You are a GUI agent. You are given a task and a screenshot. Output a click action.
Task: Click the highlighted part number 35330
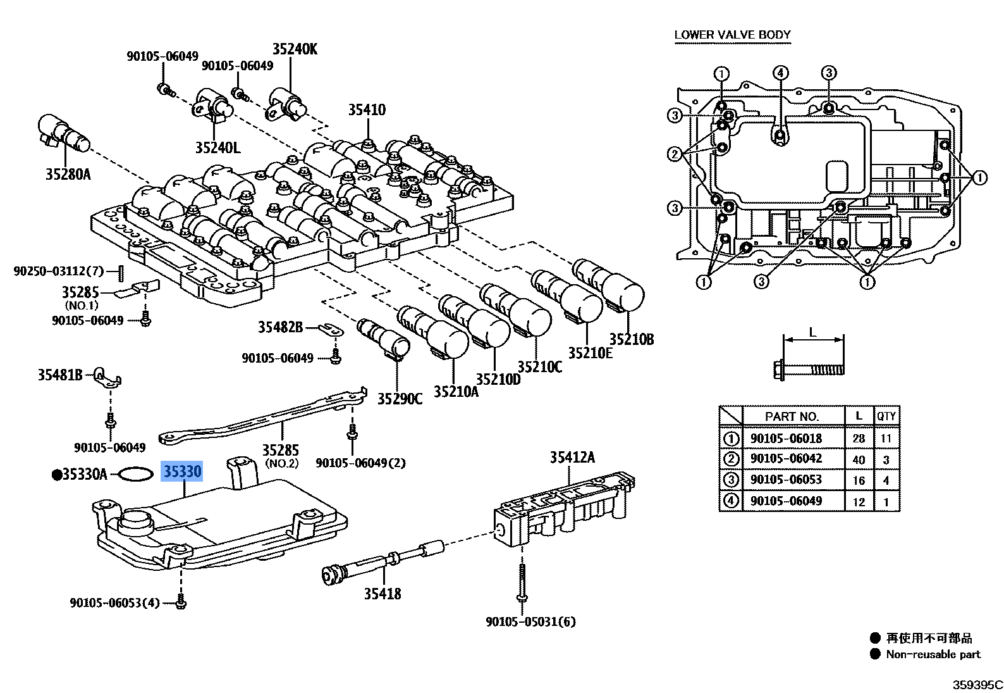point(182,471)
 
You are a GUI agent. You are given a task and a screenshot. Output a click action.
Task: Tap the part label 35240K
point(295,49)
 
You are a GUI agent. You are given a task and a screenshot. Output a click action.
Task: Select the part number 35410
point(367,110)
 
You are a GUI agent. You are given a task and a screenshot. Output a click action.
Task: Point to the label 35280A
point(68,174)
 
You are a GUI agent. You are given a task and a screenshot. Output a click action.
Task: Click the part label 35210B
point(631,339)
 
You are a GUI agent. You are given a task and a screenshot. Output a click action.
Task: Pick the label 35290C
point(400,399)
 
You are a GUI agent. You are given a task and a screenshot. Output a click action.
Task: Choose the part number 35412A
point(572,457)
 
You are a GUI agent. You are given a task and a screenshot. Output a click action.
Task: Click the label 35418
point(383,594)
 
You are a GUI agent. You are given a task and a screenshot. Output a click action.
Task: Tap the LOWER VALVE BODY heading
point(732,35)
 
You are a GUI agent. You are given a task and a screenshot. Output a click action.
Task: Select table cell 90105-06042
point(786,459)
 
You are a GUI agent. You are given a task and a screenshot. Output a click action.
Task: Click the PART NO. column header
point(792,416)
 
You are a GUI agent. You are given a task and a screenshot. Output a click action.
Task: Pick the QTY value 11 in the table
point(886,438)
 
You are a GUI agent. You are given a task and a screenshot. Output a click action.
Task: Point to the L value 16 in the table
point(859,480)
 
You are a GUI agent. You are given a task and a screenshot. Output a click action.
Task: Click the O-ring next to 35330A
point(135,474)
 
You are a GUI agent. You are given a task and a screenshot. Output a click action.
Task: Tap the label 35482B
point(280,327)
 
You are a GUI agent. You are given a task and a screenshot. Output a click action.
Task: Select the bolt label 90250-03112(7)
point(58,272)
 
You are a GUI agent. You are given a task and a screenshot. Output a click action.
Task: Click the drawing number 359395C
point(977,685)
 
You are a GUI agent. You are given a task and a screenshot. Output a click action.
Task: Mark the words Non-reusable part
point(933,654)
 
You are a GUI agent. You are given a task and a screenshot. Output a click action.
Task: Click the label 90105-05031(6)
point(530,621)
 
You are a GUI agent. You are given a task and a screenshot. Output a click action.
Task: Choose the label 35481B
point(60,375)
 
